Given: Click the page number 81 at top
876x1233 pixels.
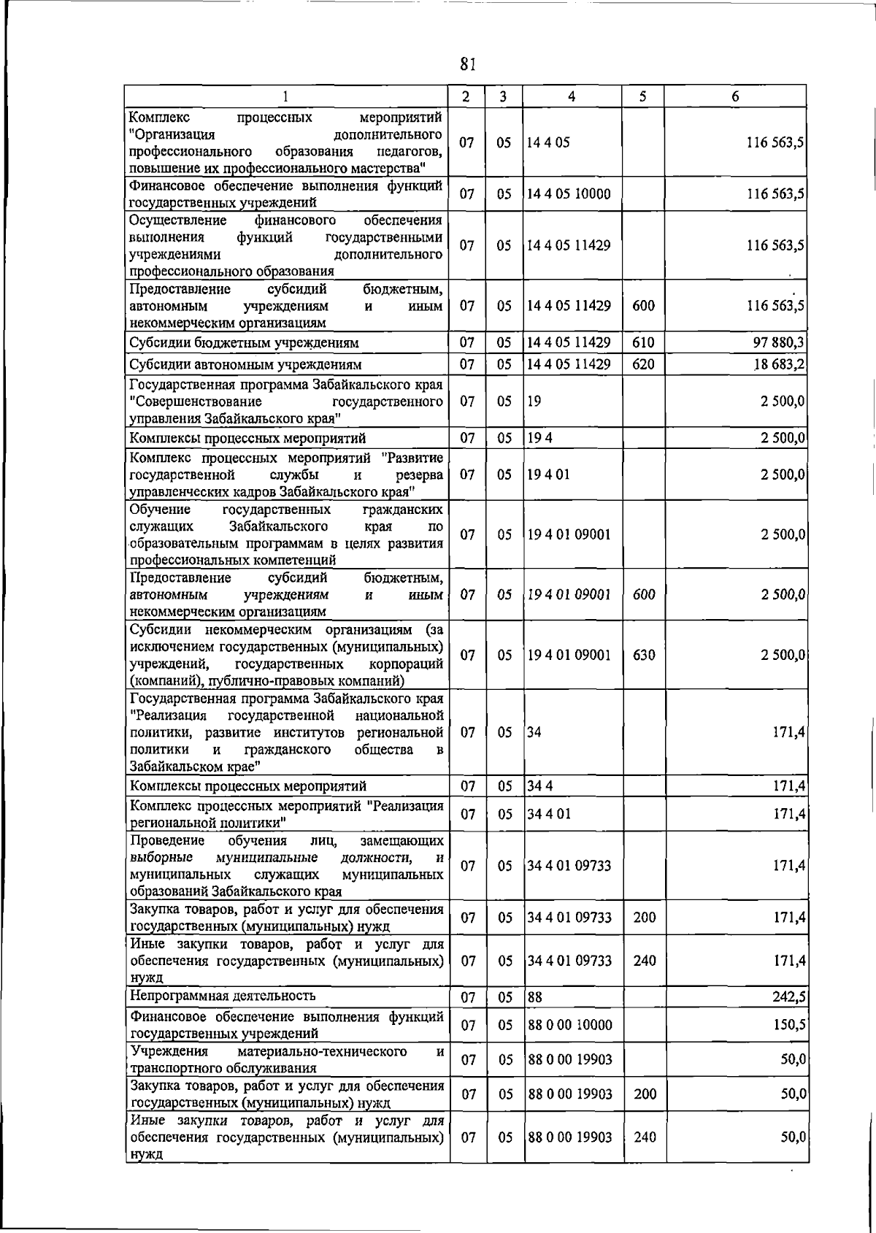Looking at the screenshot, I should coord(468,65).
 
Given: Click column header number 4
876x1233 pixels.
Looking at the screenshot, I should coord(572,96).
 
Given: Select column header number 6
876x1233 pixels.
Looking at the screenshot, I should coord(735,96).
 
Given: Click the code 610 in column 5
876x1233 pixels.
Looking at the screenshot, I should coord(643,342).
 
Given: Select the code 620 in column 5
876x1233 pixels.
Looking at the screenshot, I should coord(643,364).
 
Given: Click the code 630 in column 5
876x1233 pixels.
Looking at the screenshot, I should coord(643,656).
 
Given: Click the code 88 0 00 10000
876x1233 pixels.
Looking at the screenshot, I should coord(569,1025).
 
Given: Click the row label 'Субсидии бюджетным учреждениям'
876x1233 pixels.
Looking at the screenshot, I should coord(244,342).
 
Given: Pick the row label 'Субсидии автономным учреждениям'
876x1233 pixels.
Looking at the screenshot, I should coord(245,364).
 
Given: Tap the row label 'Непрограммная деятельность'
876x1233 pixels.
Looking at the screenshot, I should coord(222,996).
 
